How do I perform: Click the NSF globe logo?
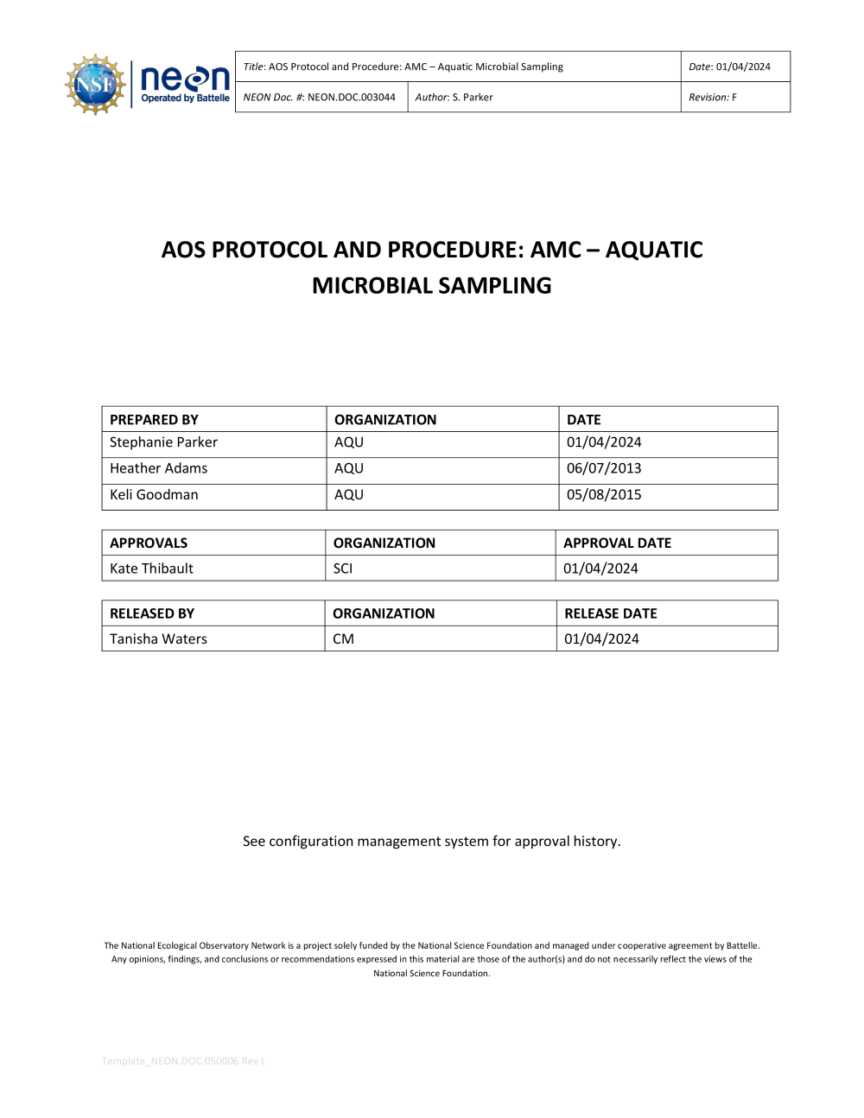click(95, 84)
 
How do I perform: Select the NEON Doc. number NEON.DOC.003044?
click(351, 98)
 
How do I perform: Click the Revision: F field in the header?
click(713, 98)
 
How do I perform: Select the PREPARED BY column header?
click(154, 420)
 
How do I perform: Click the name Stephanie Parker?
click(163, 442)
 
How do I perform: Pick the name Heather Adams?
click(158, 468)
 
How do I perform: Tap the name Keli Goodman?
click(154, 495)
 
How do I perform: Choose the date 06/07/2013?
click(604, 468)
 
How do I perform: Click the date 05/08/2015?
click(604, 495)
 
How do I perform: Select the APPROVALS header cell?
click(149, 543)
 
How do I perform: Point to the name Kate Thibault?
click(151, 569)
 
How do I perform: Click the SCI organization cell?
click(343, 569)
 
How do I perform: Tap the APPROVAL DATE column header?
click(617, 543)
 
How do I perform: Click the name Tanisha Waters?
click(158, 639)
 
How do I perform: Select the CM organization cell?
click(343, 639)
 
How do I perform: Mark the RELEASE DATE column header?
click(611, 613)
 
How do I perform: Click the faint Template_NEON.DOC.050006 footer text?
click(183, 1061)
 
